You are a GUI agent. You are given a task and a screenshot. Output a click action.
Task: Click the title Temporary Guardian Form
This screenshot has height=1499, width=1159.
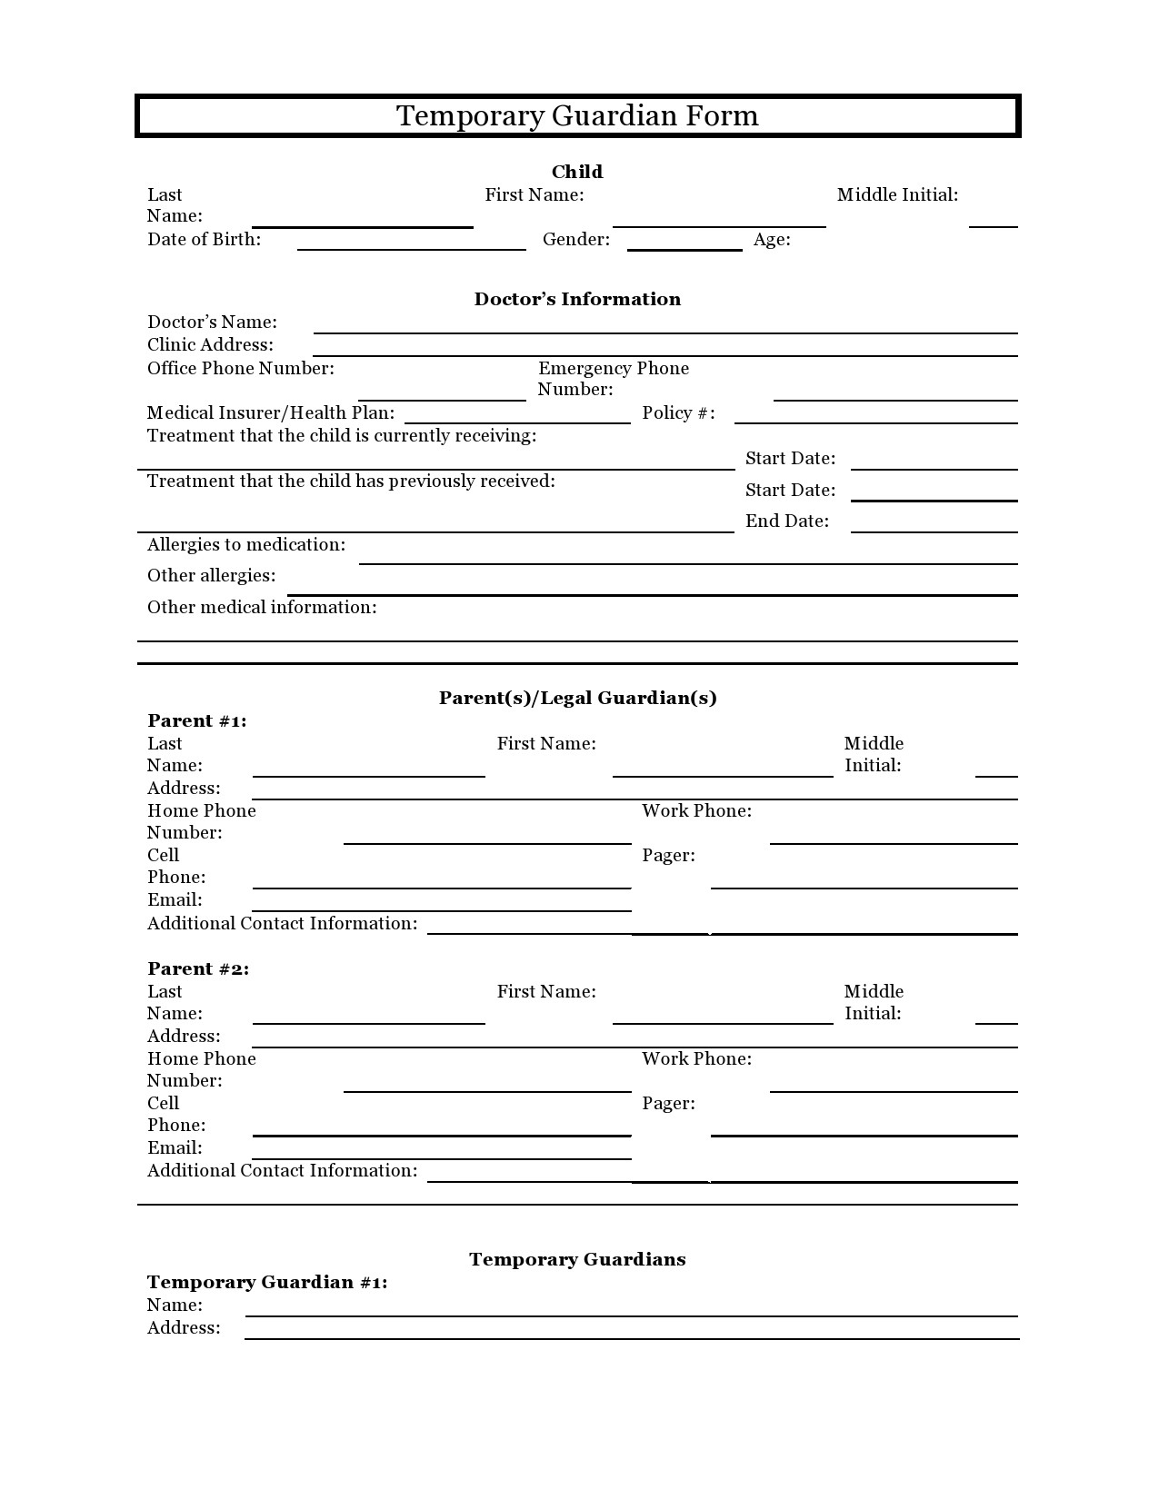[577, 116]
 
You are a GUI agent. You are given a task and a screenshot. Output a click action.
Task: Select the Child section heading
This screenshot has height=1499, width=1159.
[577, 172]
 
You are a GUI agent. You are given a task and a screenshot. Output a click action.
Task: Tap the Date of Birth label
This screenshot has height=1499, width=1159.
[204, 240]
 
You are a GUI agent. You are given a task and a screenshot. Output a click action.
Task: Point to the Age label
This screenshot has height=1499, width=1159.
[772, 240]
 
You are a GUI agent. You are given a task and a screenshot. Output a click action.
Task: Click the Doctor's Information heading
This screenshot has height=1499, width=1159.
[577, 299]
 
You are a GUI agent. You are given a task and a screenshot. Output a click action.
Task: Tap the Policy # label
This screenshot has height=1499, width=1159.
[678, 413]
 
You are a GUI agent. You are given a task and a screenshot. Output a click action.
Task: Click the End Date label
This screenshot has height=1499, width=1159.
[787, 521]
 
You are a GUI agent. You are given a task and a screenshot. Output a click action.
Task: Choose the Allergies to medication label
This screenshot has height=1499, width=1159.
[246, 545]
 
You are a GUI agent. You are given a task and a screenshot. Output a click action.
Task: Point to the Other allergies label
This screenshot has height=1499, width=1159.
[211, 576]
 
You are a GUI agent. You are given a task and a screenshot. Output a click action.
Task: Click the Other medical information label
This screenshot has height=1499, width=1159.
[262, 608]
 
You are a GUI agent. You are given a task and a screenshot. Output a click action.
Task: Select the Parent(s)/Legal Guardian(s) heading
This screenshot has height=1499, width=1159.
[577, 698]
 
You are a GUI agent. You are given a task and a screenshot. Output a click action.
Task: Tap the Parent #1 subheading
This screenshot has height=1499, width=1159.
[196, 721]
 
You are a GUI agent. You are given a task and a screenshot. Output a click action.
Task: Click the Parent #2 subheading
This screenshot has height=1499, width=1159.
[198, 969]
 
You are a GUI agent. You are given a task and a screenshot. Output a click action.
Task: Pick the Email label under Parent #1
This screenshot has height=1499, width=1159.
[175, 900]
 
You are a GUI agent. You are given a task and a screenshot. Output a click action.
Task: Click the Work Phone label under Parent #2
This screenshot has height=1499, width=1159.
[696, 1059]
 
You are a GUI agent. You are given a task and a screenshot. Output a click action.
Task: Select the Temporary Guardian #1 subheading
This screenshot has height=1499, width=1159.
[267, 1283]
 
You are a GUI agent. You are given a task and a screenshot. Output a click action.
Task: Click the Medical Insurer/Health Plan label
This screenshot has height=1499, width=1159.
[271, 413]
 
